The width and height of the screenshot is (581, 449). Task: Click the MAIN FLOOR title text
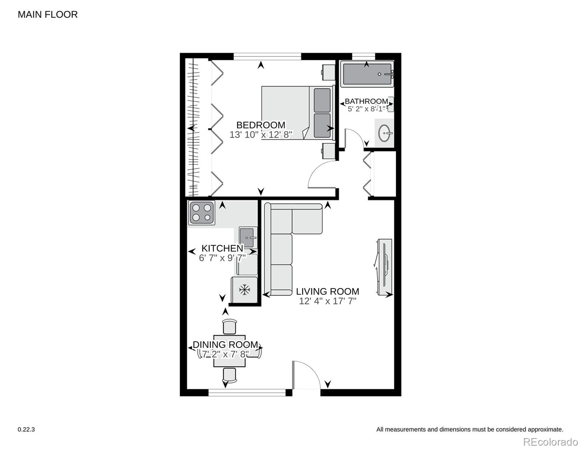[x=48, y=15]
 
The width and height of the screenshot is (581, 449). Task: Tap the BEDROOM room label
[x=261, y=125]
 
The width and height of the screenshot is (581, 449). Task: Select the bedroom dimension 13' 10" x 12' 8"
[x=261, y=135]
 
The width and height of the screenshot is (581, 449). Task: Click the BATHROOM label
[x=366, y=101]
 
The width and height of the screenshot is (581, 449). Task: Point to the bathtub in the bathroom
[x=367, y=74]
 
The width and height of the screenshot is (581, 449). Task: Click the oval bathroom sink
[x=385, y=133]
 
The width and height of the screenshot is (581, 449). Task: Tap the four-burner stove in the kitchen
[x=202, y=213]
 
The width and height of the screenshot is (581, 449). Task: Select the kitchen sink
[x=247, y=237]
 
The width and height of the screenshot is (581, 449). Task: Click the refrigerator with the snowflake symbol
[x=244, y=290]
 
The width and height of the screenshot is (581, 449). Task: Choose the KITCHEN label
[x=222, y=248]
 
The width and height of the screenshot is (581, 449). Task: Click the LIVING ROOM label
[x=327, y=291]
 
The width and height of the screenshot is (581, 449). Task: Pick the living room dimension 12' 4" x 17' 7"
[x=327, y=301]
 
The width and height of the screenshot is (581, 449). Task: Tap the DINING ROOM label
[x=225, y=345]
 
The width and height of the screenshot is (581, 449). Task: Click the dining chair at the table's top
[x=229, y=326]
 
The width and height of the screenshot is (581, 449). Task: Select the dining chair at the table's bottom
[x=229, y=375]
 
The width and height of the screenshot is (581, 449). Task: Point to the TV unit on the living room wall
[x=384, y=267]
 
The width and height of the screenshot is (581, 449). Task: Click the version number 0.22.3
[x=26, y=430]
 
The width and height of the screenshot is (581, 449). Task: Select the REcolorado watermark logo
[x=550, y=442]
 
